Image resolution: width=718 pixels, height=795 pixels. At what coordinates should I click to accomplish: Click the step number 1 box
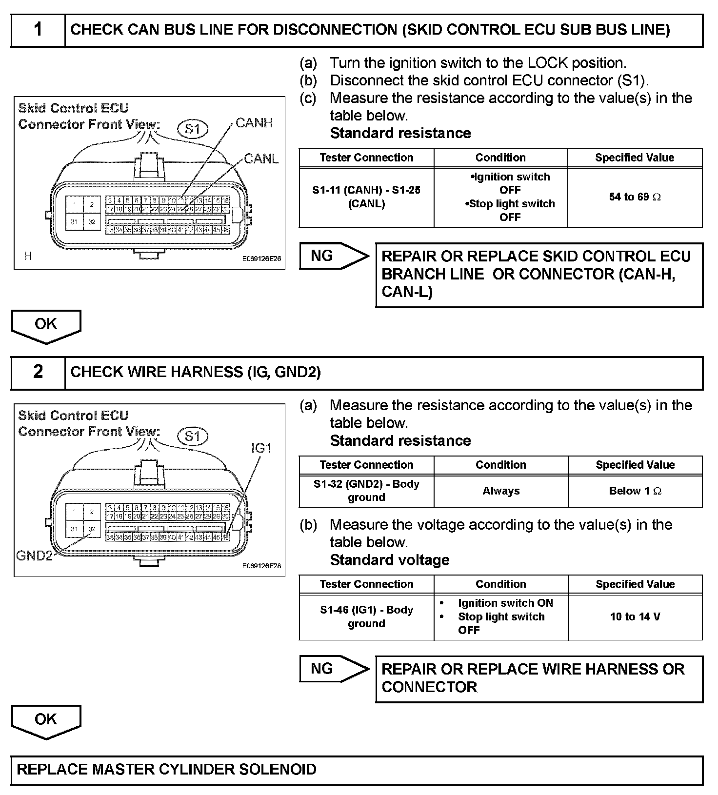click(38, 30)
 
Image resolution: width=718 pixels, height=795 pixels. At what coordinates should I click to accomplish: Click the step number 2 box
click(38, 373)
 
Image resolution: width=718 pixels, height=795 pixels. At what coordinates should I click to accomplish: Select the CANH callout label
click(254, 123)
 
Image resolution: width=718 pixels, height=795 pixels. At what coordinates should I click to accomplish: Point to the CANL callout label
click(261, 159)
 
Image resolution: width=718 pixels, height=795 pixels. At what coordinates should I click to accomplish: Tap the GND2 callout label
click(34, 556)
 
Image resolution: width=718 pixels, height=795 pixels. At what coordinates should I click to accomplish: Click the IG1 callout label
click(261, 448)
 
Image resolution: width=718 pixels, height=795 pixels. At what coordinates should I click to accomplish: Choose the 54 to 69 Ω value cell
click(635, 197)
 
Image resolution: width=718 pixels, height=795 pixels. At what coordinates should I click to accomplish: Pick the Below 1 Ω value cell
click(635, 491)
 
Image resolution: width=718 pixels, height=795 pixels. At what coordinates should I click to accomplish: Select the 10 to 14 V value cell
click(635, 617)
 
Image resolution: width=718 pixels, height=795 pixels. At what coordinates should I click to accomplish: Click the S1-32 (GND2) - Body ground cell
click(366, 491)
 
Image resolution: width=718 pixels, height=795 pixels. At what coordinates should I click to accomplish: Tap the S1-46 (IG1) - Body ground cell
click(366, 617)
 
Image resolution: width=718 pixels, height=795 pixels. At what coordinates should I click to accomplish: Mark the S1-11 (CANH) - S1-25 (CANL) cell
click(366, 197)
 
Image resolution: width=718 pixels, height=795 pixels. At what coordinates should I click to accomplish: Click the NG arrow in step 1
click(334, 256)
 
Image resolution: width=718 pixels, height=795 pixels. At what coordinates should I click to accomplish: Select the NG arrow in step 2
click(334, 669)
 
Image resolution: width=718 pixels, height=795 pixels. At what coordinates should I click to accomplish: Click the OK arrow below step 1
click(46, 325)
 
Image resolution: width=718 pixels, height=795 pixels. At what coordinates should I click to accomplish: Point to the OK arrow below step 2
click(46, 720)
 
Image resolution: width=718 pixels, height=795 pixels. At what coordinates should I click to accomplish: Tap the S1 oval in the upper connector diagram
click(193, 129)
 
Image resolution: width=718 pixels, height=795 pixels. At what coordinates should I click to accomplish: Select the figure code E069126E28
click(261, 566)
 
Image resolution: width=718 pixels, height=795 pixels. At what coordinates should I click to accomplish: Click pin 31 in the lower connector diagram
click(74, 529)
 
